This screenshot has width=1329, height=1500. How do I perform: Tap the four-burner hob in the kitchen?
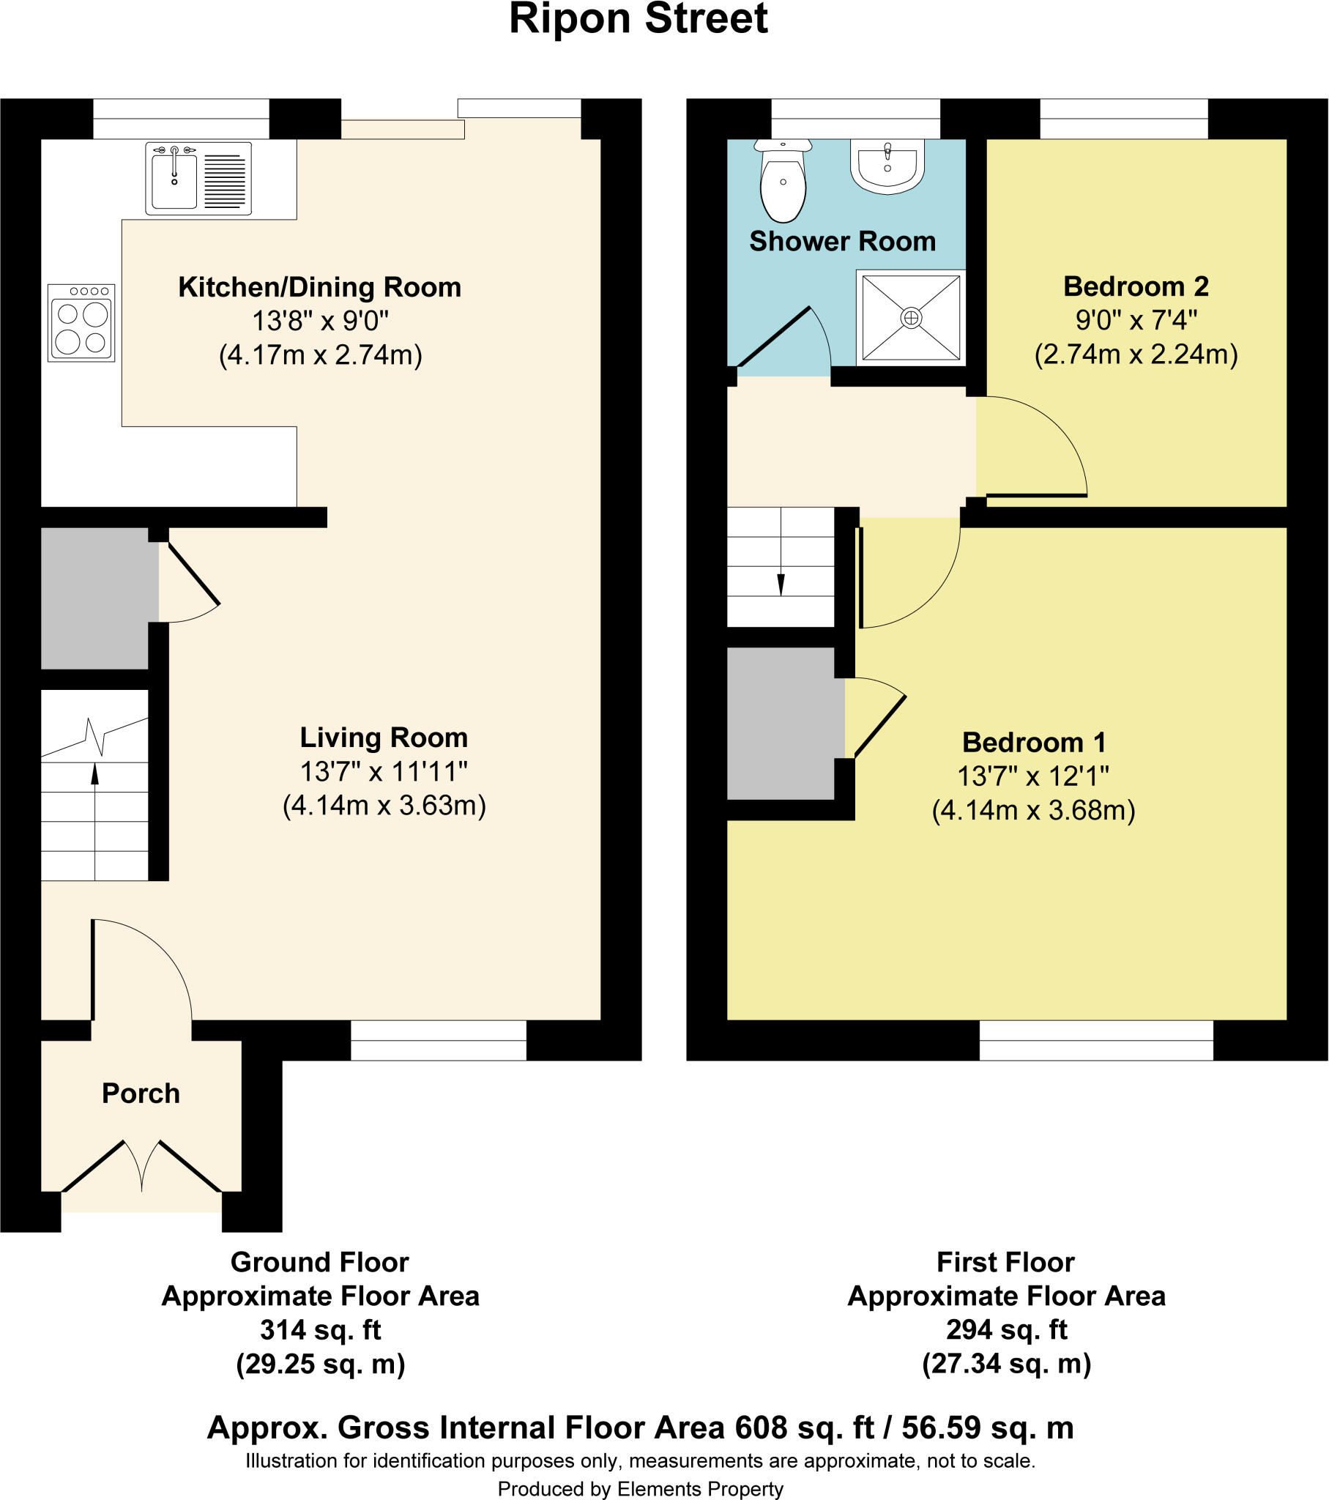point(81,323)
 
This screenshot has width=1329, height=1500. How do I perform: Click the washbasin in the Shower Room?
point(887,167)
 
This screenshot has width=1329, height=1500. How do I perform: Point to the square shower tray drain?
point(911,318)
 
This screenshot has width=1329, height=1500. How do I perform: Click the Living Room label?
point(384,738)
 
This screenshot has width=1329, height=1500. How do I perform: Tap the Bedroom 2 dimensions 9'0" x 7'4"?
point(1136,320)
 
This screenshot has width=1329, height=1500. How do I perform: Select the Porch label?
point(141,1094)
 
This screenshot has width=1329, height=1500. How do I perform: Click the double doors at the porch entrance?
point(141,1166)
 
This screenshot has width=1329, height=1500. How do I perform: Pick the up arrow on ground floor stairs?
point(94,775)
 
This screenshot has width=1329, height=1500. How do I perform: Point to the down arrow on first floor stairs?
point(781,584)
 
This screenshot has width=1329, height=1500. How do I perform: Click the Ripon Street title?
point(639,19)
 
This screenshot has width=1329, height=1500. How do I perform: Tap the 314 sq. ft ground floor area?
point(321,1330)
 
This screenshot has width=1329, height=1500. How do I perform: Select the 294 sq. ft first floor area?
point(1006,1329)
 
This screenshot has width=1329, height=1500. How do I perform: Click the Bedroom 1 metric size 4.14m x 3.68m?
point(1033,810)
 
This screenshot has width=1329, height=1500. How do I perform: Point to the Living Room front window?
point(438,1040)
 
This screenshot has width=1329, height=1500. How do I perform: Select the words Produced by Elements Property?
point(640,1488)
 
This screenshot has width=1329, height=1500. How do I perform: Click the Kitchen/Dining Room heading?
point(320,287)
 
